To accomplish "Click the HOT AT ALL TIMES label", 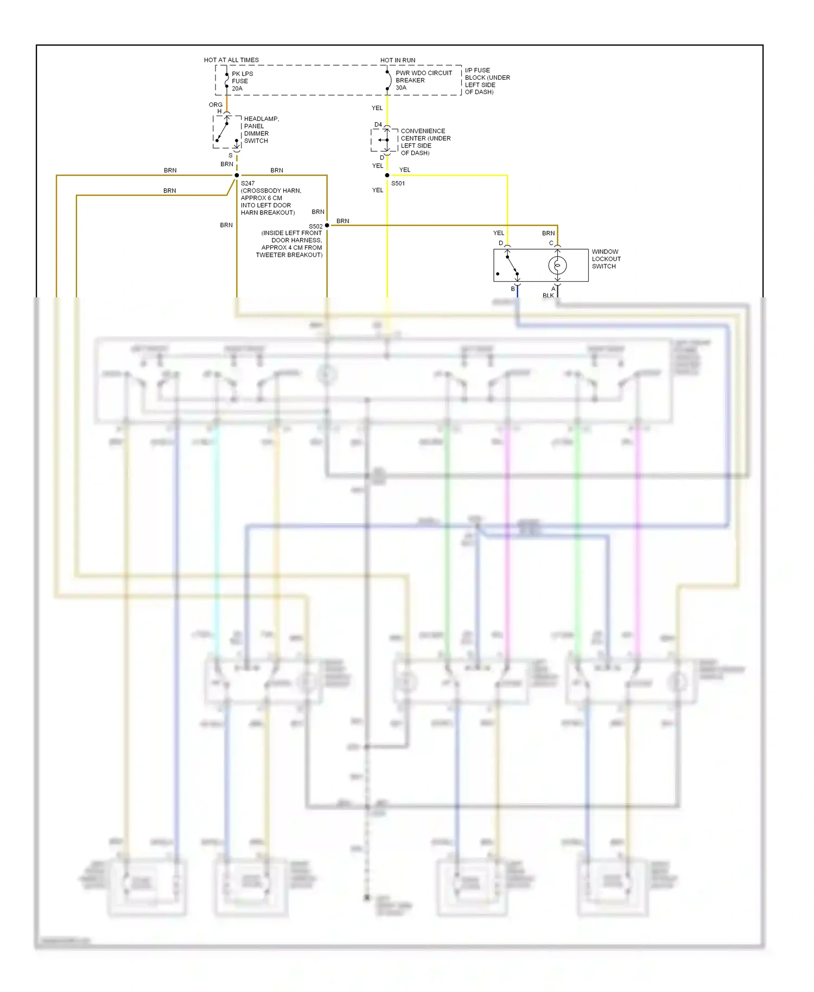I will coord(231,60).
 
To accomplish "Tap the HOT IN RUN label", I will coord(398,60).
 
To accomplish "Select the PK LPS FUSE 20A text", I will coord(242,81).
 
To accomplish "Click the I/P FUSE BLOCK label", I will coord(487,81).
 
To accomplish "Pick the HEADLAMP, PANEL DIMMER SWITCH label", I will coord(261,130).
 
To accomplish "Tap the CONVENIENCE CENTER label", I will coord(425,142).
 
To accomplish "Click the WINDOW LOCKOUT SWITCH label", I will coord(606,259).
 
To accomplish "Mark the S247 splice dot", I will coord(237,175).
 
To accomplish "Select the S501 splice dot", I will coord(387,175).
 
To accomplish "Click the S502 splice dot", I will coord(327,225).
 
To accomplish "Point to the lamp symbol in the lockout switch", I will coord(557,265).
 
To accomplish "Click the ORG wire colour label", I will coord(215,105).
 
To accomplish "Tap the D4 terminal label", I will coord(378,125).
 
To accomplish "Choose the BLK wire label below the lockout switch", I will coord(548,296).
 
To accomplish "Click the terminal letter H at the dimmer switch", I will coord(220,111).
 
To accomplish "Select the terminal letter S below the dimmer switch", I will coord(231,155).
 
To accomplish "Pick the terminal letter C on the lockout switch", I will coord(551,243).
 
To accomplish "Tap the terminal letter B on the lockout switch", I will coord(513,289).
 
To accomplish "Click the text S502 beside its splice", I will coord(315,226).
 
